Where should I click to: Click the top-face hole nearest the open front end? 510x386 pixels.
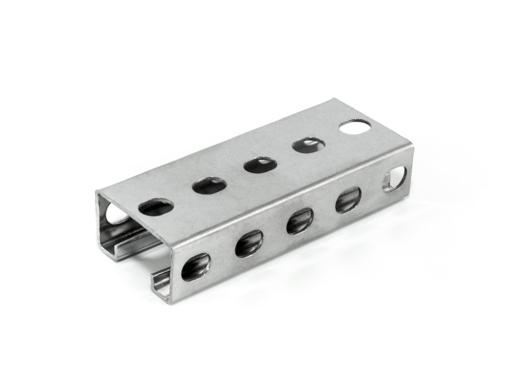(156, 207)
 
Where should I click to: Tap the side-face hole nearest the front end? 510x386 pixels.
(195, 266)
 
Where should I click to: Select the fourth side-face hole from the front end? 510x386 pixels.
(348, 201)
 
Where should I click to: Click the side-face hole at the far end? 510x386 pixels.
(395, 179)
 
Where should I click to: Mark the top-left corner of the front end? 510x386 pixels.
(97, 192)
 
